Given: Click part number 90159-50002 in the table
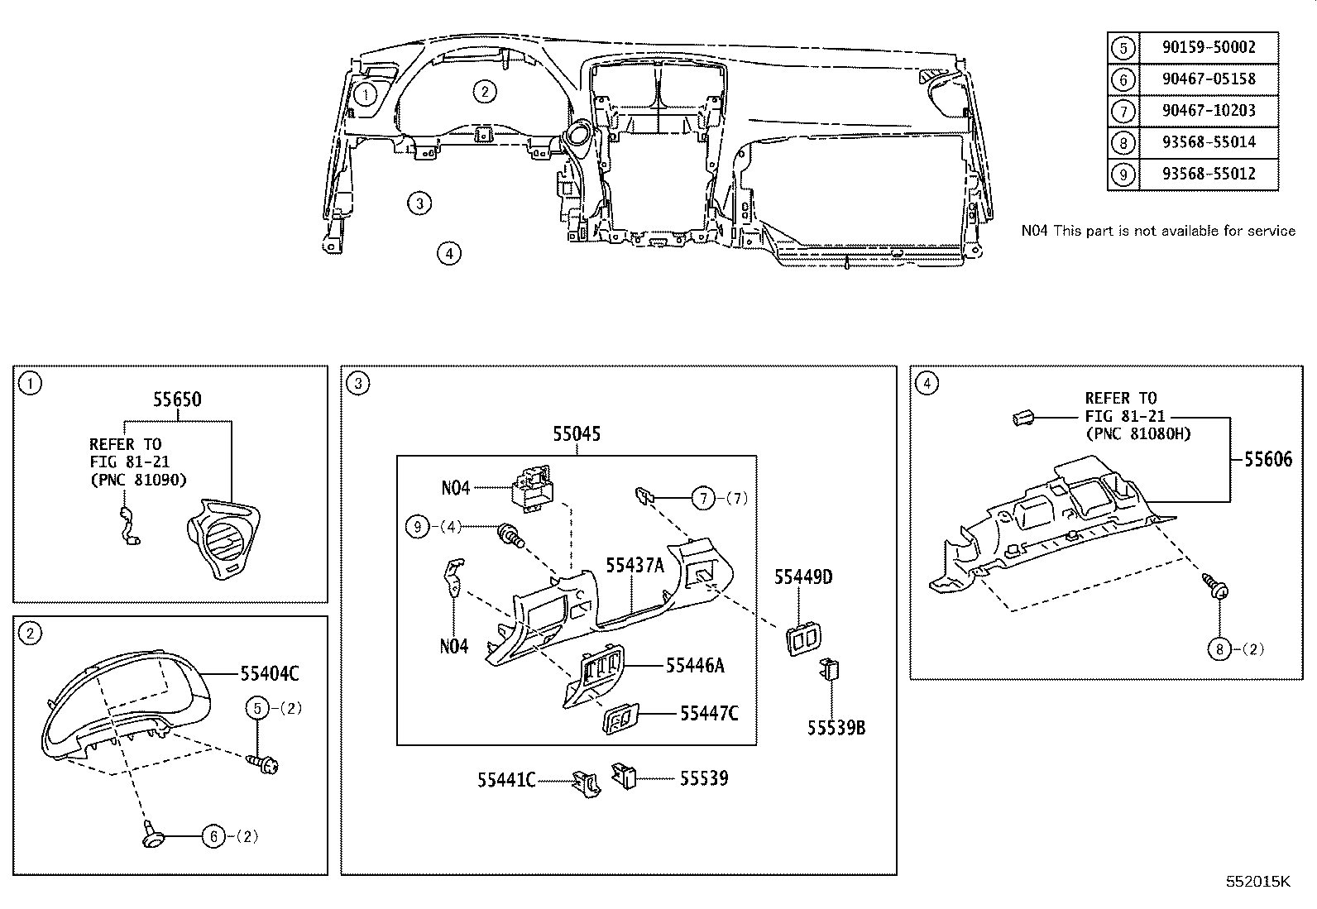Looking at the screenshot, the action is [x=1209, y=47].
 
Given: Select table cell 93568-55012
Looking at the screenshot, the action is [x=1209, y=174].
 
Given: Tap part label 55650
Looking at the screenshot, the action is [x=178, y=399].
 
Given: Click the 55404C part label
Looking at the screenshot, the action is [x=270, y=673].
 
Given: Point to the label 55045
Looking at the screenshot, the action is [x=577, y=434].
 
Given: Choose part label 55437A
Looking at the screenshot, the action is [x=635, y=566].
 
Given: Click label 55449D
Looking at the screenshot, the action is [x=803, y=577].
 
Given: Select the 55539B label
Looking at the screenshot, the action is [x=836, y=728].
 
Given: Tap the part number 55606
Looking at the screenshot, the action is [x=1268, y=459].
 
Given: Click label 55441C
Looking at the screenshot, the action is [x=507, y=780].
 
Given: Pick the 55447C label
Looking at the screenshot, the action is [x=709, y=714].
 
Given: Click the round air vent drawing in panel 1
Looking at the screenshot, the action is [x=223, y=539].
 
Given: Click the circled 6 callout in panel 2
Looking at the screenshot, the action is [x=214, y=836].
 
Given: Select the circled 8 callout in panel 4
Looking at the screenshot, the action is [x=1219, y=649].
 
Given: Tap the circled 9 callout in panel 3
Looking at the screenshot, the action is [x=418, y=526].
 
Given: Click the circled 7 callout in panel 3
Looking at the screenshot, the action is [x=703, y=499].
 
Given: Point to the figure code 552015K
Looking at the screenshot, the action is [x=1257, y=882].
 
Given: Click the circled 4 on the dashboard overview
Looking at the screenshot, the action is [x=449, y=253].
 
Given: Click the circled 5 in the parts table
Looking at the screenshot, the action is [x=1123, y=48].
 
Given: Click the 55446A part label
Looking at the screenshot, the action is [x=695, y=666].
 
